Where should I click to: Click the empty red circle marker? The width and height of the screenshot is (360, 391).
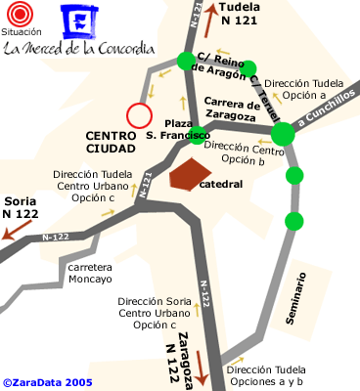tap(139, 116)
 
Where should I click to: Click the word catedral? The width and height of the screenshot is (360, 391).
tap(220, 183)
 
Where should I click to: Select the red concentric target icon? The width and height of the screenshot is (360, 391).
tap(22, 16)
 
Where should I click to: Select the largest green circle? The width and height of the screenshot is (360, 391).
tap(282, 134)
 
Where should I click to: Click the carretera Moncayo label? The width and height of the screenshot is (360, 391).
tap(90, 273)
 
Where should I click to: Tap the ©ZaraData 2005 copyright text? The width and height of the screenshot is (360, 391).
tap(47, 383)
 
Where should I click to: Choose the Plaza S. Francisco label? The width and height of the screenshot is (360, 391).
tap(176, 128)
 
